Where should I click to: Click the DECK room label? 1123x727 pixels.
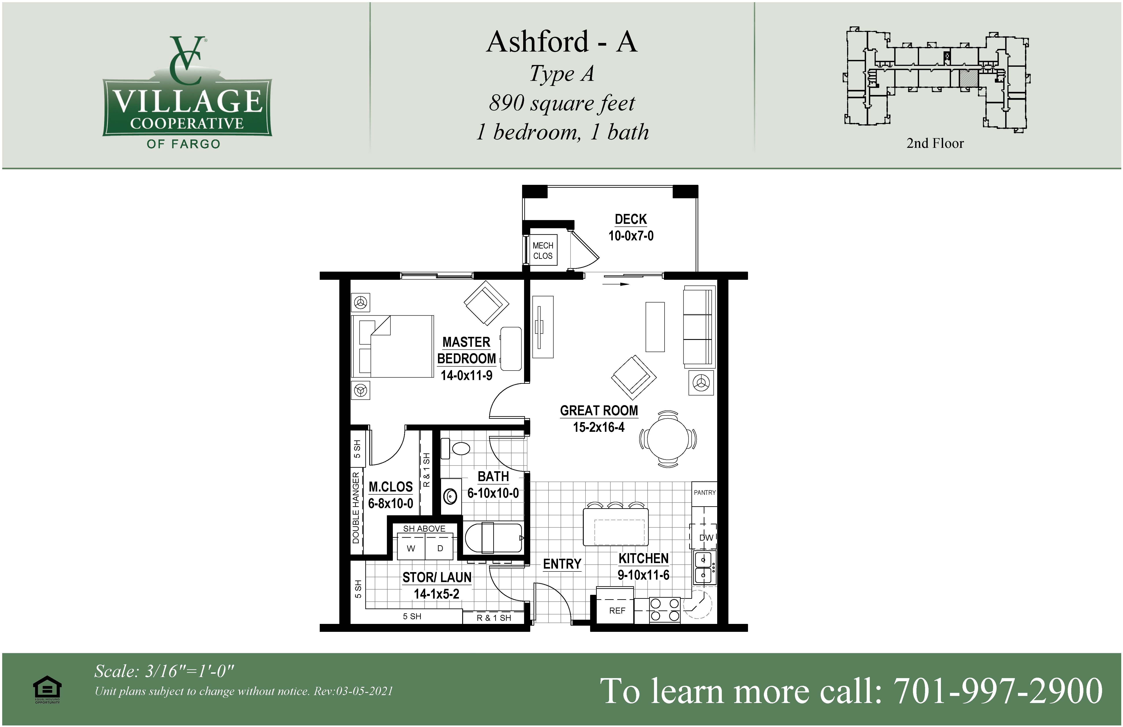[x=631, y=219]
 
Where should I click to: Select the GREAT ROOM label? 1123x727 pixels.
[x=599, y=411]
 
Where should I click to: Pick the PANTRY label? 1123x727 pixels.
[x=704, y=492]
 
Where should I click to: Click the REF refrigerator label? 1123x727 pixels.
[x=617, y=611]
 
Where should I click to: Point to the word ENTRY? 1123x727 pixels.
[x=562, y=564]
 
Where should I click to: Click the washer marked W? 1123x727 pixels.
[x=411, y=548]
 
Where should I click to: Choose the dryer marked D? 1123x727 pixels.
[x=440, y=548]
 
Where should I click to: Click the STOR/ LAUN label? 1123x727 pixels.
[x=437, y=577]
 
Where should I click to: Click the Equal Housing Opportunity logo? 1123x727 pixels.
[x=47, y=689]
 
